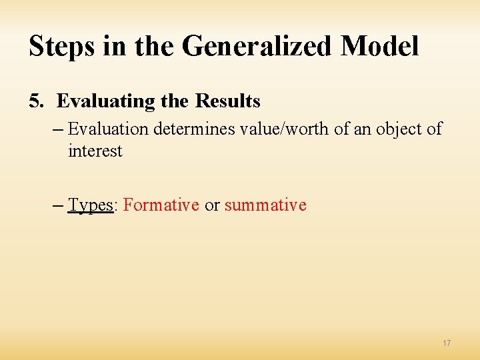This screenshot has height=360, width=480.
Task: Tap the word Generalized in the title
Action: [255, 47]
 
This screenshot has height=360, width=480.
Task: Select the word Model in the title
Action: [379, 47]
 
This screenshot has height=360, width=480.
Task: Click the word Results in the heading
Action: [227, 101]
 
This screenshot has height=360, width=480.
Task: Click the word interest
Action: [95, 151]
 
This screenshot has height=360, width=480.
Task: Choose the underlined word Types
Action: [91, 205]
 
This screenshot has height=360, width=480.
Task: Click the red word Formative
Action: [161, 205]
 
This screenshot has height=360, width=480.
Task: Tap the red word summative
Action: [265, 205]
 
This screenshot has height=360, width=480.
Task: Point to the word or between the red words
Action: [212, 205]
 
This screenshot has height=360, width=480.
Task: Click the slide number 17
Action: [446, 343]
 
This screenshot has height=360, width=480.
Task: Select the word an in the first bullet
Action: [361, 129]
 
